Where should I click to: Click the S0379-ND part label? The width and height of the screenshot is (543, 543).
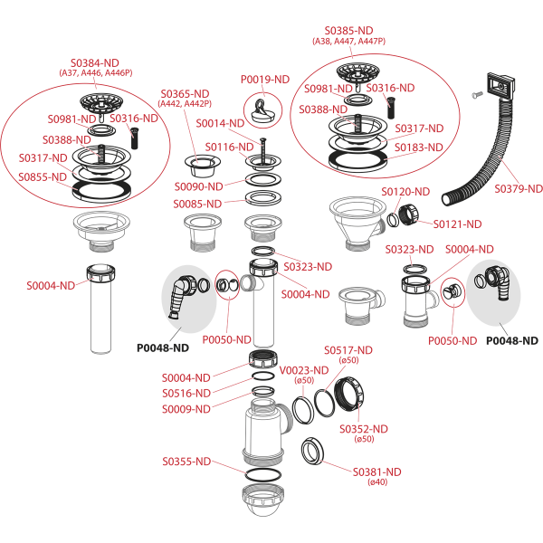518,189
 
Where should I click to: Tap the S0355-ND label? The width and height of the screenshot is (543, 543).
186,462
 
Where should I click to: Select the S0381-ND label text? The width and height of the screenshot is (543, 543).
376,472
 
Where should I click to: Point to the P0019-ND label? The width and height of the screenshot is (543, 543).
265,80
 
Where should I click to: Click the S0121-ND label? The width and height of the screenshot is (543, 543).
457,224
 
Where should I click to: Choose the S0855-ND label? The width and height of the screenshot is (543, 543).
43,177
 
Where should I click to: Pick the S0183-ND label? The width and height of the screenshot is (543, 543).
419,148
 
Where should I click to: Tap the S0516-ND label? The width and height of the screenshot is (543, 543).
186,394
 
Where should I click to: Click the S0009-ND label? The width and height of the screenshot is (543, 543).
186,409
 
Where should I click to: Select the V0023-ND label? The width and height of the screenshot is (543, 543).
304,370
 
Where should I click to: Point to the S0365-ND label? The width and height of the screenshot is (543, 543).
185,94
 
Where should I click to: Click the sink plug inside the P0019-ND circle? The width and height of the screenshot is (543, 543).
262,110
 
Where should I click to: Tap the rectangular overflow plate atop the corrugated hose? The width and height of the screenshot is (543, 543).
500,87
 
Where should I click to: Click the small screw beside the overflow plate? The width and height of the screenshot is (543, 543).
477,94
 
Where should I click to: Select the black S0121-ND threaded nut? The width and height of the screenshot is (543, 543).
409,214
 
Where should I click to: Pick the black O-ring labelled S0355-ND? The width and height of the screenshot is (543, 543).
263,470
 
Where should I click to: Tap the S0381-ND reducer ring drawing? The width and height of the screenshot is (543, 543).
313,452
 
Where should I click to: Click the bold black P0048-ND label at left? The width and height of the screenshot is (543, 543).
163,348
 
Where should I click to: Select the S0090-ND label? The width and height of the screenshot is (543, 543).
198,186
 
